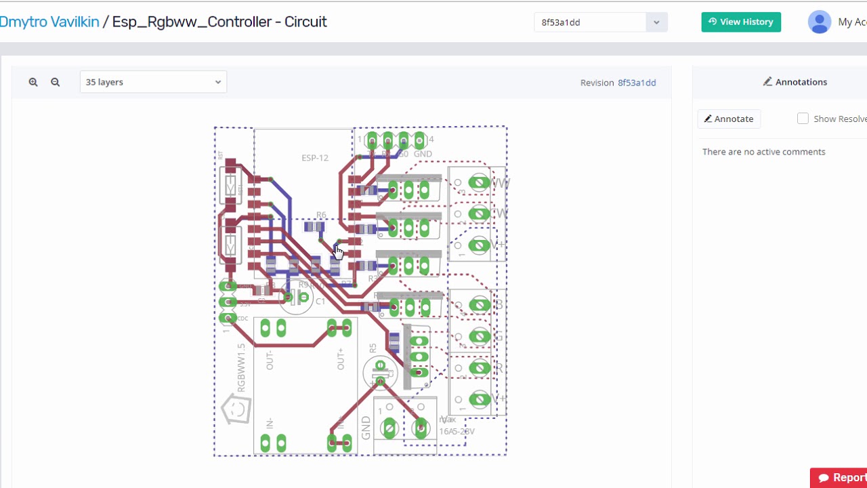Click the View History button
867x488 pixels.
(x=740, y=22)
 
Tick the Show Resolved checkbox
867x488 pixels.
(x=803, y=119)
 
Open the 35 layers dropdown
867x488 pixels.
(x=153, y=82)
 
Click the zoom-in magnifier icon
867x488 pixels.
(x=33, y=82)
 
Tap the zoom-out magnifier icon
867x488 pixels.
(x=56, y=82)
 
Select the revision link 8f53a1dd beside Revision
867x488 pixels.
(x=637, y=83)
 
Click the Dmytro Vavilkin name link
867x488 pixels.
(x=49, y=22)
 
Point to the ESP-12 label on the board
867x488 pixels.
(x=315, y=158)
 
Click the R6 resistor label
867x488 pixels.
(x=321, y=215)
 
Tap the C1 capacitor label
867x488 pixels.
(x=320, y=301)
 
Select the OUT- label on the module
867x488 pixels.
(x=270, y=360)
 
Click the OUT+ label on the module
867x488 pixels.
(x=341, y=359)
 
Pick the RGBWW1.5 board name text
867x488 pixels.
(x=242, y=367)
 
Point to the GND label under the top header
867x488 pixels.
(x=423, y=154)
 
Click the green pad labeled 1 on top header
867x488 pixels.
(x=371, y=141)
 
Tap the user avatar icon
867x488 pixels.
(x=820, y=22)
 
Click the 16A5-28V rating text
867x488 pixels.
(x=457, y=431)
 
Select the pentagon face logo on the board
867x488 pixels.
(x=237, y=409)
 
